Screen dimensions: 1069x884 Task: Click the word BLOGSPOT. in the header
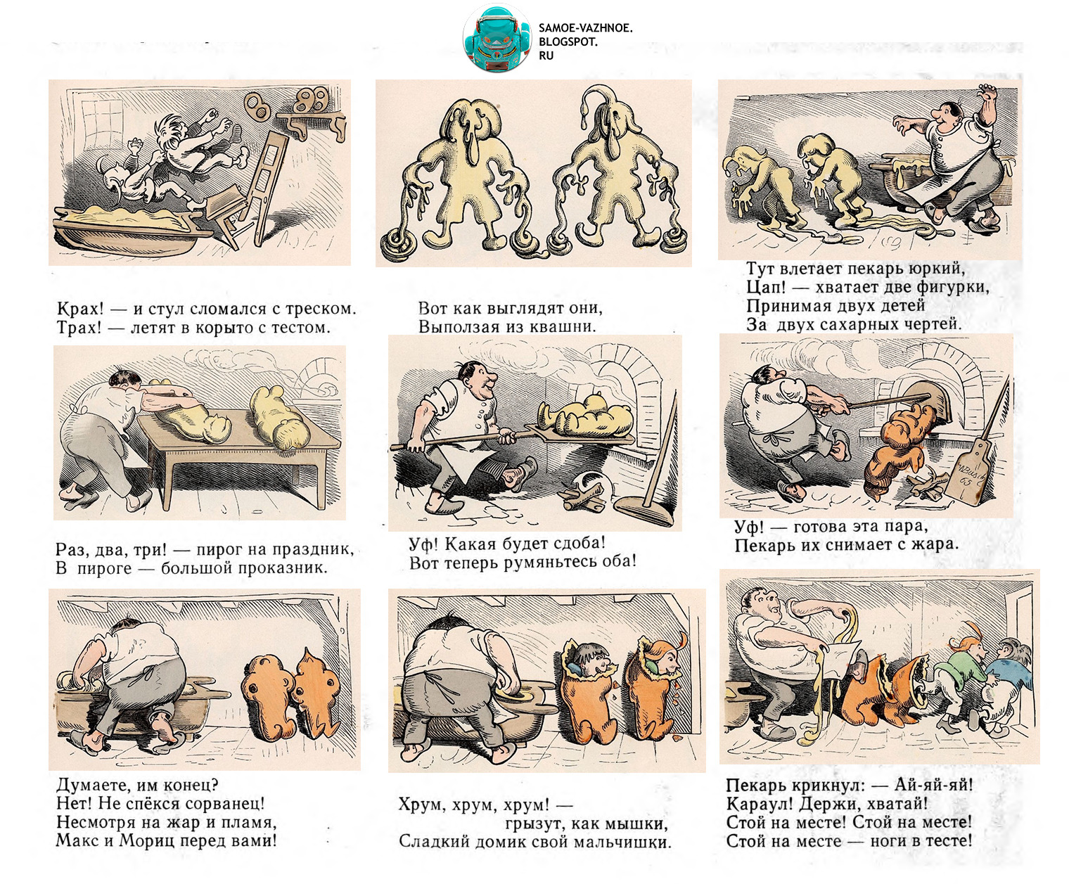point(568,42)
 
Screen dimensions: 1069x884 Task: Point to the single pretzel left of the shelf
point(255,105)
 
